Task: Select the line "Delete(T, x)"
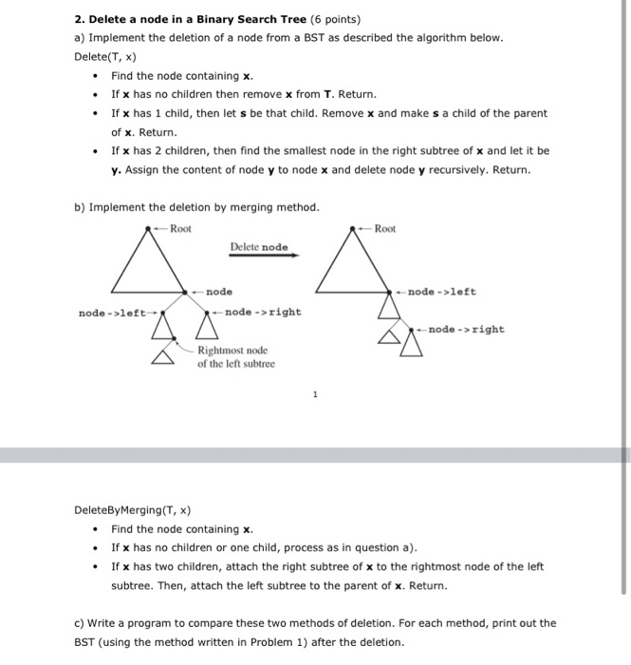click(103, 57)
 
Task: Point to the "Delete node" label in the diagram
click(258, 247)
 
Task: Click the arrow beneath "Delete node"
click(264, 256)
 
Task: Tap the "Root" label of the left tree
click(180, 228)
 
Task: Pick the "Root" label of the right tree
click(385, 229)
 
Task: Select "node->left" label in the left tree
click(111, 312)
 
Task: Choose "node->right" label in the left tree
click(263, 312)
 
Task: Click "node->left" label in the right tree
click(443, 292)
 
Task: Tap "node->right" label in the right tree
click(466, 330)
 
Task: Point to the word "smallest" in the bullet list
click(306, 150)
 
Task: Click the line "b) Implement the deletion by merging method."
click(196, 207)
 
